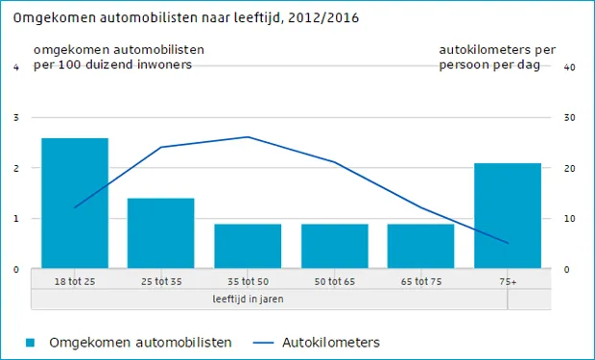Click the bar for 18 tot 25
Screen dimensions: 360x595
(x=75, y=203)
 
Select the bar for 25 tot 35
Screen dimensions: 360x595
(x=161, y=232)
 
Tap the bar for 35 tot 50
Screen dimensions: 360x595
(x=248, y=246)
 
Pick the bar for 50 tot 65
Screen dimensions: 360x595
(x=334, y=246)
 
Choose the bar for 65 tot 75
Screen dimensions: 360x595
(x=420, y=246)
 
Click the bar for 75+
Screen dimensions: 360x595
(x=507, y=215)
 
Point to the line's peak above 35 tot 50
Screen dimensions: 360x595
(x=248, y=137)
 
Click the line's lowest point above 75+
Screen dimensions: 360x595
(x=507, y=243)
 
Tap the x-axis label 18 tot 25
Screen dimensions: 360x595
(x=75, y=281)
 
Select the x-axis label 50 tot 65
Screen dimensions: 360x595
(x=334, y=281)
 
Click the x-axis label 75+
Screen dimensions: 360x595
(x=507, y=281)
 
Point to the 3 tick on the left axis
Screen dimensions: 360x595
(x=16, y=118)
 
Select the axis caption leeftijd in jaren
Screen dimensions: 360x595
(x=248, y=299)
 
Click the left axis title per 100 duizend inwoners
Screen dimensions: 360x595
(x=113, y=64)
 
